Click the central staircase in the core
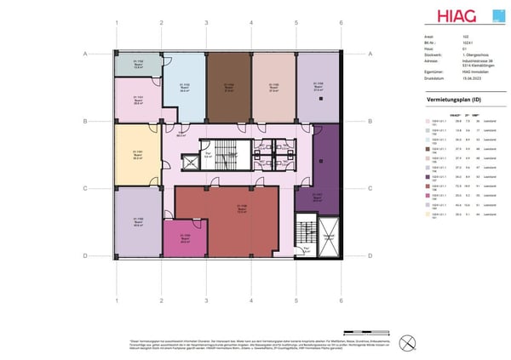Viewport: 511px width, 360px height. tap(225, 154)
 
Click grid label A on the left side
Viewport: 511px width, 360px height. tap(86, 54)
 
